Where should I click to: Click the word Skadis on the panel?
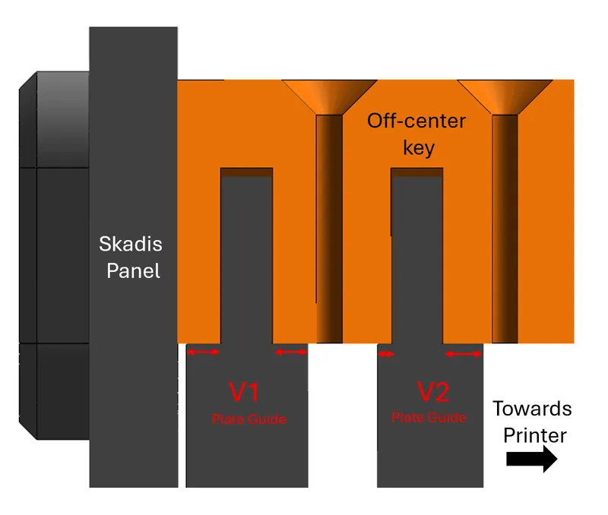[130, 245]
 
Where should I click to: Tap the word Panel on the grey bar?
[133, 270]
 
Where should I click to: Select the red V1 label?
[245, 392]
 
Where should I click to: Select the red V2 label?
[433, 392]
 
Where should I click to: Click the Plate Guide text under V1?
[249, 419]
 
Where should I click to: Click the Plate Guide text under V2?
[429, 418]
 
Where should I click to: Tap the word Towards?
[532, 409]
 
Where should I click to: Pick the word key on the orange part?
[419, 147]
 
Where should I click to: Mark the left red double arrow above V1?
[203, 352]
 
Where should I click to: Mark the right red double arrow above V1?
[290, 352]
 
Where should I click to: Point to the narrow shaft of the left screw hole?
[329, 228]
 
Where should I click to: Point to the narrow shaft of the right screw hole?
[505, 228]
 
